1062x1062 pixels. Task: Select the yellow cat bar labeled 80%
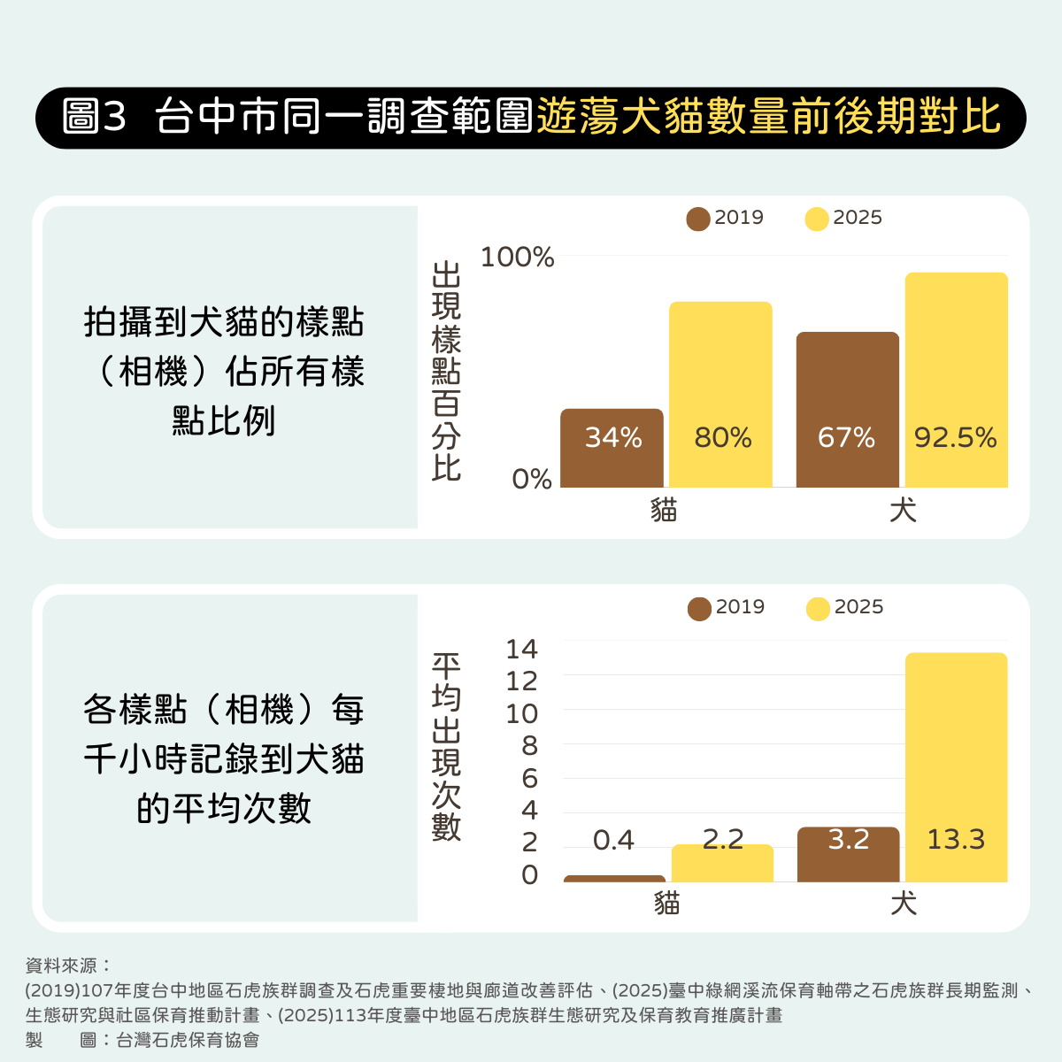point(720,395)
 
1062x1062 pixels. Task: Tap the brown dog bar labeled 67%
point(847,410)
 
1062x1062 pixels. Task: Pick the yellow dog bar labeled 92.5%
point(956,381)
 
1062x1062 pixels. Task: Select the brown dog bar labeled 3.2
point(848,854)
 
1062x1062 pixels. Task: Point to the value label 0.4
point(613,840)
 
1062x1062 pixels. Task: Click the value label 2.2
point(722,839)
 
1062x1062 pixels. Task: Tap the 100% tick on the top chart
point(517,258)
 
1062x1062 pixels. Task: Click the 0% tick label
point(531,479)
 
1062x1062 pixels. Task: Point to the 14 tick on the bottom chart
point(521,649)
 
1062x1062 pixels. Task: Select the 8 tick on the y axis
point(529,746)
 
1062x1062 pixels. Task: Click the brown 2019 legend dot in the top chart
point(698,219)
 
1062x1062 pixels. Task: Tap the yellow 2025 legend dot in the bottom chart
point(818,609)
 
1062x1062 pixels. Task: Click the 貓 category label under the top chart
point(664,510)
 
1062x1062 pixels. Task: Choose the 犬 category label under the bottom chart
point(903,904)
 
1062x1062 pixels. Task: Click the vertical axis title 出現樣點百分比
point(446,371)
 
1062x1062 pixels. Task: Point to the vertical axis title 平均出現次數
point(446,746)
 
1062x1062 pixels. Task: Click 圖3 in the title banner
point(96,117)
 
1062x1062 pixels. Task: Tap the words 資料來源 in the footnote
point(62,966)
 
